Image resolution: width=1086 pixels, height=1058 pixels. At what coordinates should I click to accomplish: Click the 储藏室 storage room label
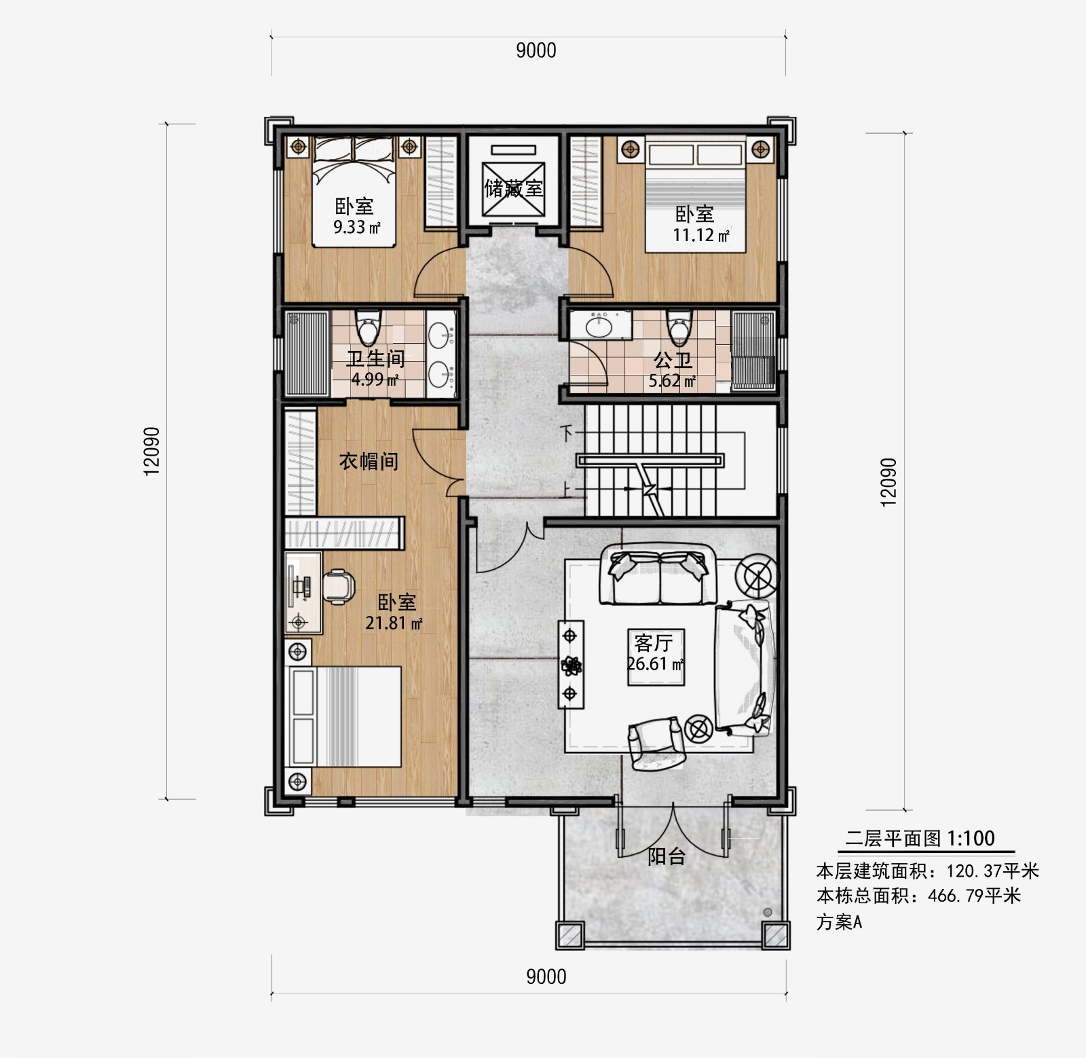coord(514,188)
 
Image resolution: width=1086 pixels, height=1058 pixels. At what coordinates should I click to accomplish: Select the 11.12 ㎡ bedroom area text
coord(701,235)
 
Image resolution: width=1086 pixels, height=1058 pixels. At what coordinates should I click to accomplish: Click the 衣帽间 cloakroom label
coord(369,462)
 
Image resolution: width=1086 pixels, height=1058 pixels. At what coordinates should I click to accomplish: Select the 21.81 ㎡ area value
coord(394,622)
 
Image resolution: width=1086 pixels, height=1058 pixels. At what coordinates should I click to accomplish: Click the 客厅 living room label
coord(654,642)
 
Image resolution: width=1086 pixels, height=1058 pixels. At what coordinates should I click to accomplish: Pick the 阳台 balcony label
coord(667,856)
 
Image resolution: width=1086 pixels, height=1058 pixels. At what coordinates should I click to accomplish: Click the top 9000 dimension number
coord(536,51)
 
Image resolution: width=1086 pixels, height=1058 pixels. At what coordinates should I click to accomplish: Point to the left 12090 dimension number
coord(152,451)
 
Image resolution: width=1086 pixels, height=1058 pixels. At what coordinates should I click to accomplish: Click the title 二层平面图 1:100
coord(920,839)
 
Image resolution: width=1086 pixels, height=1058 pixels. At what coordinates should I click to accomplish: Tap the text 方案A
coord(839,922)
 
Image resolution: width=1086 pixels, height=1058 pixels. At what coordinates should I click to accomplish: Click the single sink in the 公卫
coord(601,325)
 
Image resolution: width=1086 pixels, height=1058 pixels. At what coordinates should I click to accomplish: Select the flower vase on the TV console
coord(569,665)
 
